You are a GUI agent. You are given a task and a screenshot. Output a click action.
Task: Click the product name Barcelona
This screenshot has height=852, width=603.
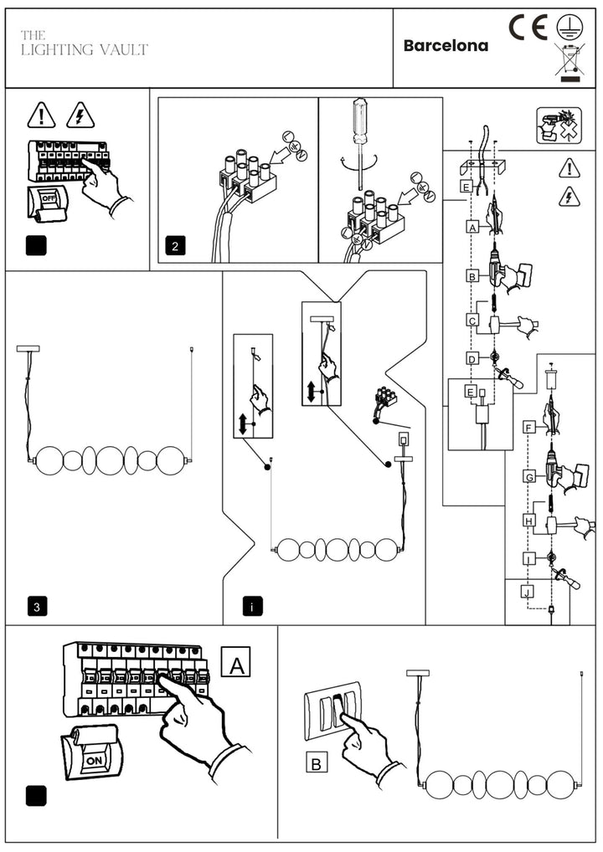tap(446, 46)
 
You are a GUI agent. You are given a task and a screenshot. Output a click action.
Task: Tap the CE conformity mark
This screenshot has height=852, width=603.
tap(528, 27)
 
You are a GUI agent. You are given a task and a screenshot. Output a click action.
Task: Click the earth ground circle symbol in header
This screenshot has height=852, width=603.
tap(569, 26)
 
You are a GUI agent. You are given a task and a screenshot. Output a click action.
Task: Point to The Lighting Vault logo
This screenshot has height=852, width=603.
tap(85, 44)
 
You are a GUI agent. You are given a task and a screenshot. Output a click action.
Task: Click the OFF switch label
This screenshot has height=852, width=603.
tap(49, 199)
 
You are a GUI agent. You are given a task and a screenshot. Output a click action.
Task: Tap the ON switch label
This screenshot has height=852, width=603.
tap(94, 761)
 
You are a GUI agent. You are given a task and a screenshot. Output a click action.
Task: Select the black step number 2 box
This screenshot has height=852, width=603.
tap(175, 246)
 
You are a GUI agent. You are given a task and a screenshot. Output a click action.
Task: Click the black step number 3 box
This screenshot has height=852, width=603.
tap(37, 607)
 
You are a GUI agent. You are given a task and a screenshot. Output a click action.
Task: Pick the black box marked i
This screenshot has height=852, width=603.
tap(252, 607)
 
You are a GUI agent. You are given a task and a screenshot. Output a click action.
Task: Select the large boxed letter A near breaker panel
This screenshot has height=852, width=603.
tap(236, 662)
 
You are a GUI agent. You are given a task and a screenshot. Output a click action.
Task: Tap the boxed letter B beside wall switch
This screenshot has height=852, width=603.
tap(317, 763)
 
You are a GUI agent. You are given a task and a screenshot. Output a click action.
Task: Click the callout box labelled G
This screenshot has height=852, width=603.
tap(529, 477)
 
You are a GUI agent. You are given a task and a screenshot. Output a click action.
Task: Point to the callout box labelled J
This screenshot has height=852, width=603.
tap(527, 591)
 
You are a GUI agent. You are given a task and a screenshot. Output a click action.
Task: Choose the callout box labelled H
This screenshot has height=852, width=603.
tap(529, 521)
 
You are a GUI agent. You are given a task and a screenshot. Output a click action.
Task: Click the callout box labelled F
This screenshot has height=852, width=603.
tap(528, 428)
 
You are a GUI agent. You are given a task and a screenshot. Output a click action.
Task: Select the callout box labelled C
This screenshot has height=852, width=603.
tap(472, 321)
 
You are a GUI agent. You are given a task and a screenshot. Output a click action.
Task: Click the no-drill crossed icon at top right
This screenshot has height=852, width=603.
tap(559, 126)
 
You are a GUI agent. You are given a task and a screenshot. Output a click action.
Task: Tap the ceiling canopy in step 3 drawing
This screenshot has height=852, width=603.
tap(28, 349)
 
